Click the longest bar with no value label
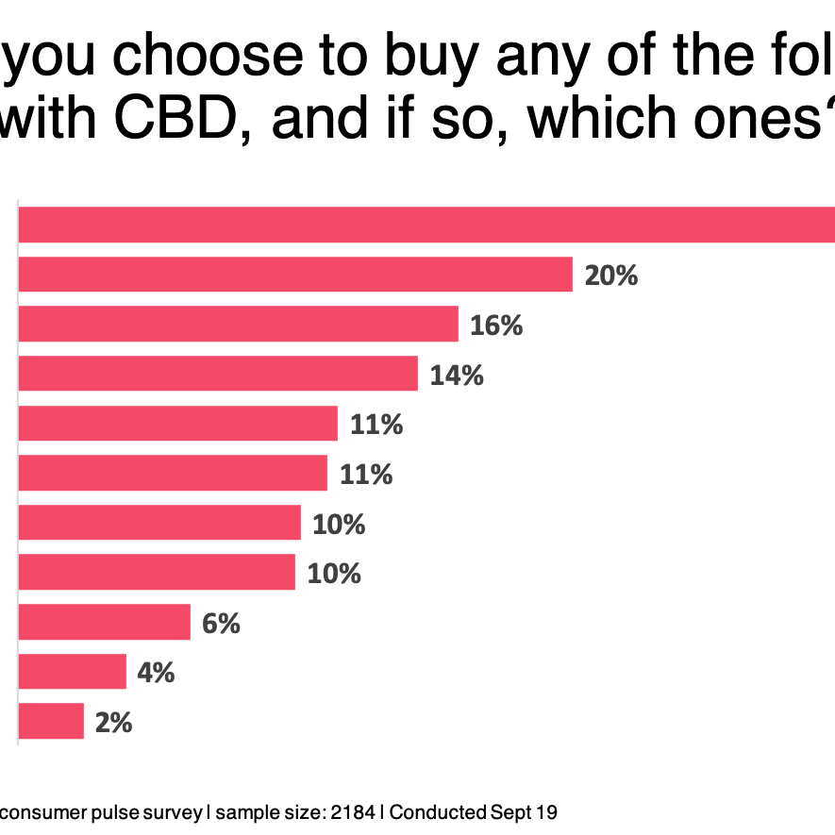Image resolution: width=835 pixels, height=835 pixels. pyautogui.click(x=425, y=225)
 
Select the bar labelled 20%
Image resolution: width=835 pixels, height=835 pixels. pyautogui.click(x=294, y=275)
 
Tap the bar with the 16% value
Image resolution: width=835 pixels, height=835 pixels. pyautogui.click(x=238, y=325)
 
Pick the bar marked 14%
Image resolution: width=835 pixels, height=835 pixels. pyautogui.click(x=217, y=374)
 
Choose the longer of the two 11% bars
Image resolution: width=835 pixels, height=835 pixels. pyautogui.click(x=177, y=424)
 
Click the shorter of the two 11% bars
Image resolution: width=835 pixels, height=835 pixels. pyautogui.click(x=172, y=474)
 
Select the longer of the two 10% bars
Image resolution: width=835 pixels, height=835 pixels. pyautogui.click(x=159, y=523)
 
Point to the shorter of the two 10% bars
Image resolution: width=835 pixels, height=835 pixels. pyautogui.click(x=156, y=573)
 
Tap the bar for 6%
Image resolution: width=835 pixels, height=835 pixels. pyautogui.click(x=104, y=623)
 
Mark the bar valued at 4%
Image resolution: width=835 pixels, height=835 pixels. pyautogui.click(x=72, y=672)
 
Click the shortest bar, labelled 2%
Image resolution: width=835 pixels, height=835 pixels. pyautogui.click(x=51, y=722)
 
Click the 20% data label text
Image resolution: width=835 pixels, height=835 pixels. pyautogui.click(x=611, y=276)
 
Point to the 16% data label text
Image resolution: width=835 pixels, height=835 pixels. pyautogui.click(x=496, y=326)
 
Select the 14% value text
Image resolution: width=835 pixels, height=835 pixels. pyautogui.click(x=457, y=376)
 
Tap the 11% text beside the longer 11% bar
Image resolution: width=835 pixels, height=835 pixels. pyautogui.click(x=376, y=425)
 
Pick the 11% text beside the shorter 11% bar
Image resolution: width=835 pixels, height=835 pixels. pyautogui.click(x=366, y=475)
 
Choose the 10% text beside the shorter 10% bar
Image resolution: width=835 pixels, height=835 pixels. pyautogui.click(x=334, y=574)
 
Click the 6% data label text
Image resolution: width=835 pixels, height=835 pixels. pyautogui.click(x=221, y=624)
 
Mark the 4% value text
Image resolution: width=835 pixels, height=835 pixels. pyautogui.click(x=156, y=673)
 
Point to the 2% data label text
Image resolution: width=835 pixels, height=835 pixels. pyautogui.click(x=113, y=723)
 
